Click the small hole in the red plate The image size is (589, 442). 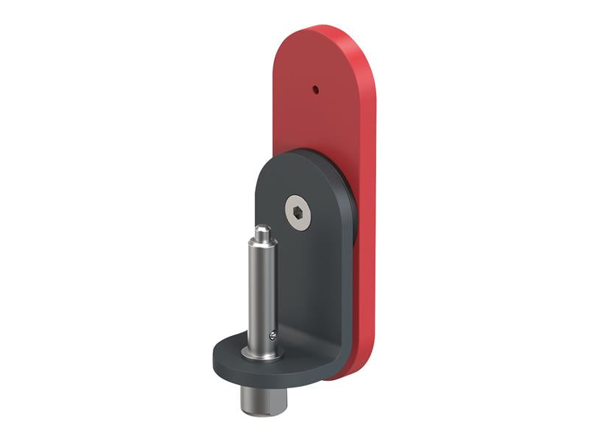(x=316, y=90)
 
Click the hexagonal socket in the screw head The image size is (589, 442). (x=297, y=213)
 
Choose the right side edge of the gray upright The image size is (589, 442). (x=344, y=295)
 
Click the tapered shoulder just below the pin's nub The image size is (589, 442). (x=261, y=242)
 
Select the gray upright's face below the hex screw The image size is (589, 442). (x=302, y=280)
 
